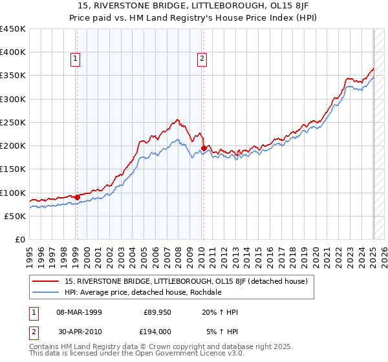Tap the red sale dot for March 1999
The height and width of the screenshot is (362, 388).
coord(77,197)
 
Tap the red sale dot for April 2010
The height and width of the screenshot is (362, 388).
coord(204,149)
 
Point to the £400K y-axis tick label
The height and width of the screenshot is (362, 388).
coord(13,52)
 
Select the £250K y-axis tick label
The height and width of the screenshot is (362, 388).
coord(13,122)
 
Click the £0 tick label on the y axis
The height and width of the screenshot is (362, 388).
coord(19,239)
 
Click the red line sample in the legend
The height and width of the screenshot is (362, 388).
coord(45,281)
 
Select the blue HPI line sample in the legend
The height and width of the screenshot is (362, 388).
coord(45,292)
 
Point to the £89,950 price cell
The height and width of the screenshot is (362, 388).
coord(157,312)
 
